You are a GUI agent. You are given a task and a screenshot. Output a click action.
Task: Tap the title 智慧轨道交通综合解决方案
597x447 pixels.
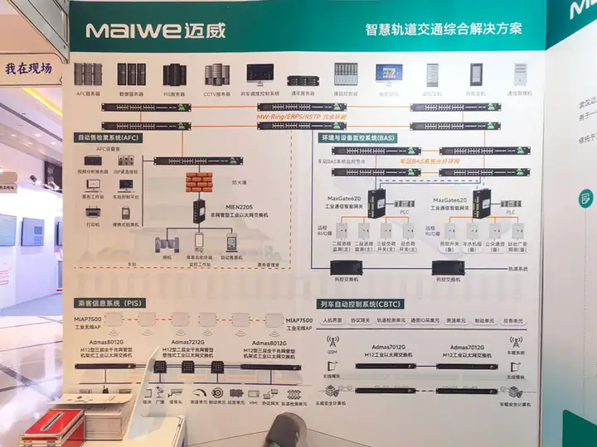[444, 29]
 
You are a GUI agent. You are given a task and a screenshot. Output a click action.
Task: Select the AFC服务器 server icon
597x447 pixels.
[88, 74]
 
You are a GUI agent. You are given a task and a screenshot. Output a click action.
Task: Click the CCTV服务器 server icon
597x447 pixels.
[217, 74]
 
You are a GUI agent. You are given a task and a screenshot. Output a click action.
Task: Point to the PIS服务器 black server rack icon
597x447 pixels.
[174, 74]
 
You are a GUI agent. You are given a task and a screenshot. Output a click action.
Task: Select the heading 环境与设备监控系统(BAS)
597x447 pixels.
[358, 137]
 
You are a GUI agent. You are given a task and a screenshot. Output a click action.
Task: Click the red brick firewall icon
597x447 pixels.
[199, 182]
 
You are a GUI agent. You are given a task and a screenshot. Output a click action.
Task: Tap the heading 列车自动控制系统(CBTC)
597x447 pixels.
[363, 304]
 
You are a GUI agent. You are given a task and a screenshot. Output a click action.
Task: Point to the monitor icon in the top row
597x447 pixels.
[388, 73]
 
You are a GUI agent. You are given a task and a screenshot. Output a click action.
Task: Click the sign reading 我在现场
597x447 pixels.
[28, 69]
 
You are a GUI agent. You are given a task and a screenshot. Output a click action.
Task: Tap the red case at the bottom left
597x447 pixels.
[51, 425]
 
